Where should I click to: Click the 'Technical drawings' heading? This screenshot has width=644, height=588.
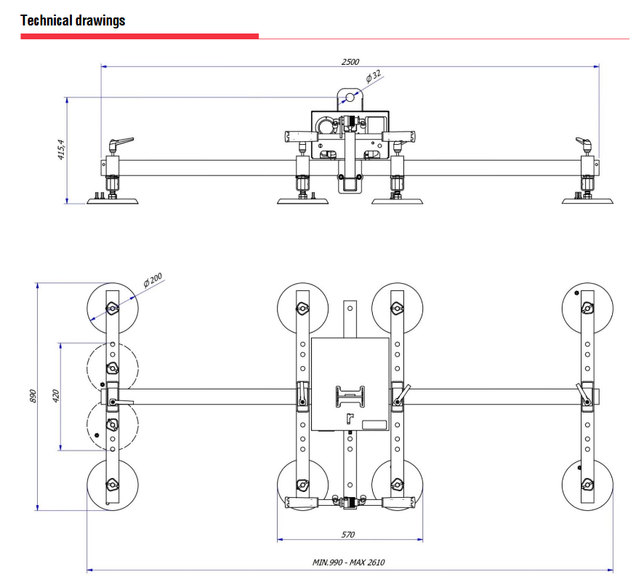(x=73, y=20)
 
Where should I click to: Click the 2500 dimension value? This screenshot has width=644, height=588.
(x=350, y=62)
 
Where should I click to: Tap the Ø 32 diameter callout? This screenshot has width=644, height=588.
(x=374, y=75)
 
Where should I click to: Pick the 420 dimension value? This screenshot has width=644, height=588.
(x=56, y=397)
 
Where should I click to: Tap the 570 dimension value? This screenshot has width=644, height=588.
(x=348, y=535)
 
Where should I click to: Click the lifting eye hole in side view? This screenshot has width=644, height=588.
(x=350, y=97)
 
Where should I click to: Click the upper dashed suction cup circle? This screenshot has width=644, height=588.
(x=112, y=367)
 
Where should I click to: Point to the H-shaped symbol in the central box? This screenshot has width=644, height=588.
(x=350, y=397)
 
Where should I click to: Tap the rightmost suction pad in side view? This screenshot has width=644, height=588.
(x=587, y=199)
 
